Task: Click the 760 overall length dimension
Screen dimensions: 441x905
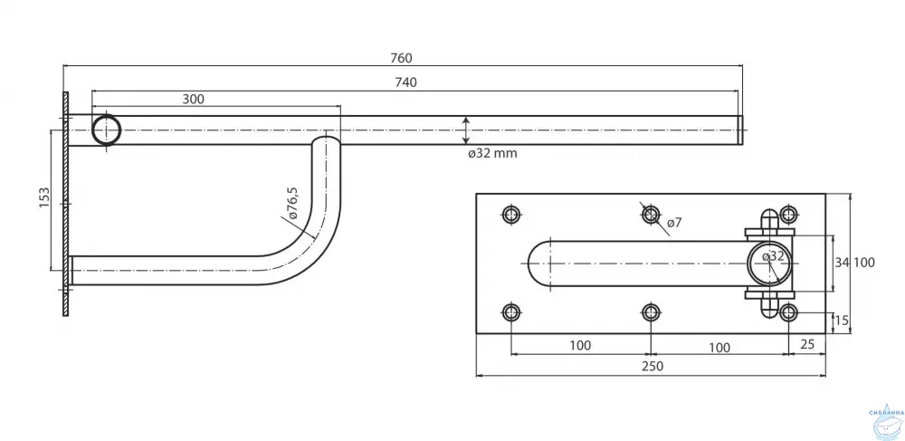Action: pyautogui.click(x=402, y=58)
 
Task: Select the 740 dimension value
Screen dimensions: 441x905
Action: pyautogui.click(x=405, y=82)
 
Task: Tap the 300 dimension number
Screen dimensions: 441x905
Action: pyautogui.click(x=193, y=99)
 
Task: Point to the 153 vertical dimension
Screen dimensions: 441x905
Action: pyautogui.click(x=44, y=199)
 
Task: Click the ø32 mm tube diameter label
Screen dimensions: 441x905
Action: pyautogui.click(x=492, y=153)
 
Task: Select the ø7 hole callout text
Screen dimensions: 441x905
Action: pyautogui.click(x=675, y=223)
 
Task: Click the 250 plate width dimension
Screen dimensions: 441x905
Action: pyautogui.click(x=652, y=366)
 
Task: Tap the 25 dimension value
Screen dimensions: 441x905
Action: pyautogui.click(x=807, y=345)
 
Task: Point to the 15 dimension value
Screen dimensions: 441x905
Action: pyautogui.click(x=843, y=320)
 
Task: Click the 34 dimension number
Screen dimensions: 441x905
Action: pyautogui.click(x=842, y=263)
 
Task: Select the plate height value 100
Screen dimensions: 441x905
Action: pyautogui.click(x=863, y=263)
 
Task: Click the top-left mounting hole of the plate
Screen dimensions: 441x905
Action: pyautogui.click(x=511, y=215)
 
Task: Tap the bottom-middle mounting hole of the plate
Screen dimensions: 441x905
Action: pyautogui.click(x=651, y=313)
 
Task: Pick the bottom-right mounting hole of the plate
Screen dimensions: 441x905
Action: pyautogui.click(x=789, y=313)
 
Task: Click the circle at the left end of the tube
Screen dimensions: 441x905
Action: pyautogui.click(x=108, y=130)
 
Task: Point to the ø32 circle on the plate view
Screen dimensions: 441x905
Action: pyautogui.click(x=767, y=263)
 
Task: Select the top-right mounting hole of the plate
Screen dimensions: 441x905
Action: pyautogui.click(x=789, y=215)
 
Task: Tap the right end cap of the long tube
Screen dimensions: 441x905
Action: pyautogui.click(x=739, y=130)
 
